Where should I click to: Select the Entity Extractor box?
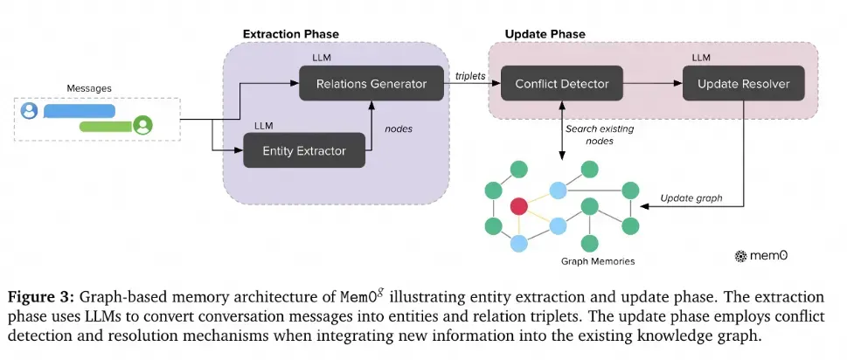click(x=304, y=151)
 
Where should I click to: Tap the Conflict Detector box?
click(x=561, y=85)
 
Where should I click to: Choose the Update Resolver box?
click(x=743, y=85)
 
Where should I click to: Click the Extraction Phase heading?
click(x=290, y=34)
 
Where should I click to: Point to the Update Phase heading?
click(x=545, y=34)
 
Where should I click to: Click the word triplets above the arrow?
click(x=472, y=77)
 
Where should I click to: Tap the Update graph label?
click(x=691, y=197)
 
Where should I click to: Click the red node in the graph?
click(x=519, y=207)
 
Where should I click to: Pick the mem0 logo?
click(x=763, y=256)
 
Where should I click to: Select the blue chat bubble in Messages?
click(x=80, y=111)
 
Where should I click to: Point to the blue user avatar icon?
click(x=29, y=111)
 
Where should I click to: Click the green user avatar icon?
click(x=142, y=125)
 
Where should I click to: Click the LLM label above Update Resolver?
click(x=701, y=57)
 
